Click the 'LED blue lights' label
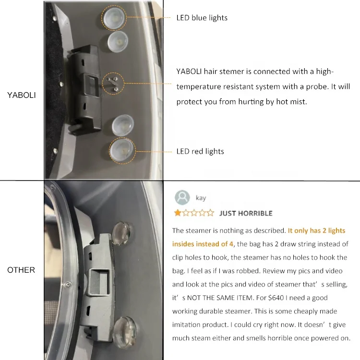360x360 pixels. (x=202, y=18)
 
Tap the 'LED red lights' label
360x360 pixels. (x=200, y=151)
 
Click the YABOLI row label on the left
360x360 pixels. (x=21, y=95)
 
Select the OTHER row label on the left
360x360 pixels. (x=21, y=270)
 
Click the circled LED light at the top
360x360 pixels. (x=114, y=18)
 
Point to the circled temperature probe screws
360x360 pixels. (x=113, y=84)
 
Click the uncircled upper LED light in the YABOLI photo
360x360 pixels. (x=118, y=42)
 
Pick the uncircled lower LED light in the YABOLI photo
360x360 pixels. (x=122, y=125)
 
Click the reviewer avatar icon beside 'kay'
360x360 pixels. (x=182, y=197)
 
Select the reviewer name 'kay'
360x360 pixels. (x=201, y=198)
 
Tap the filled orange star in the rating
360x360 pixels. (x=178, y=213)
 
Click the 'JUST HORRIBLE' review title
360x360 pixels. (x=246, y=213)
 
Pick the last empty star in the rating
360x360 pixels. (x=210, y=213)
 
